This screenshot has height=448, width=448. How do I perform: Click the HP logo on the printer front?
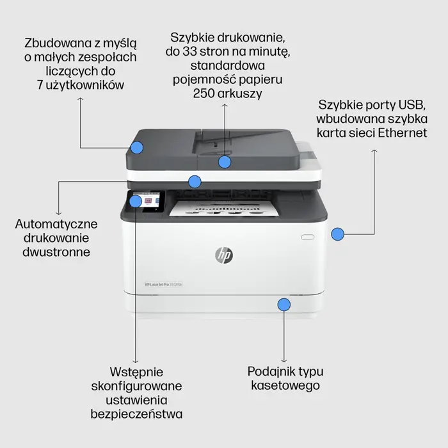pos(224,255)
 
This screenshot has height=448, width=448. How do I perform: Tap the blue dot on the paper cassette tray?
pos(284,303)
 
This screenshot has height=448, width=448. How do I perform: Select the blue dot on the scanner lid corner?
pos(136,148)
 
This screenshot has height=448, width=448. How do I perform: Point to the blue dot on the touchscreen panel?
pos(136,202)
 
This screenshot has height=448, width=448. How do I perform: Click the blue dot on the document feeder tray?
pos(224,161)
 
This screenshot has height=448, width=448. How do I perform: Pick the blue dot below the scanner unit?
pos(195,181)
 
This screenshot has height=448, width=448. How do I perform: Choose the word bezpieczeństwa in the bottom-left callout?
pos(146,413)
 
